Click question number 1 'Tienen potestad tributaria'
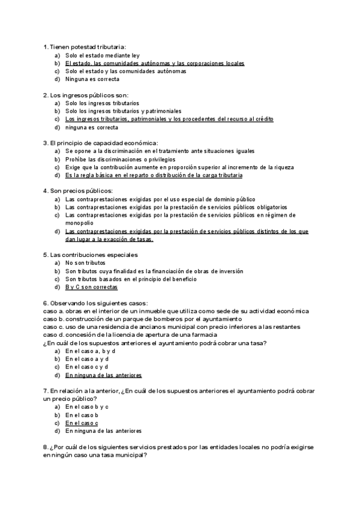pos(85,47)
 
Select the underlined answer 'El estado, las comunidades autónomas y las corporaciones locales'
pos(155,63)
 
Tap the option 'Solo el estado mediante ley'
pos(102,55)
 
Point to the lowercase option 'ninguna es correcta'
pos(92,127)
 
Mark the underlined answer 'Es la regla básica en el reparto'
pos(154,175)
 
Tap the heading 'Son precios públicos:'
pos(78,191)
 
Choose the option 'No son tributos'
pos(85,263)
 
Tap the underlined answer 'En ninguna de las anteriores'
pos(103,375)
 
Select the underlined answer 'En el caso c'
pos(82,423)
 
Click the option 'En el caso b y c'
pos(87,406)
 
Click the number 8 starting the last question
pos(46,447)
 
